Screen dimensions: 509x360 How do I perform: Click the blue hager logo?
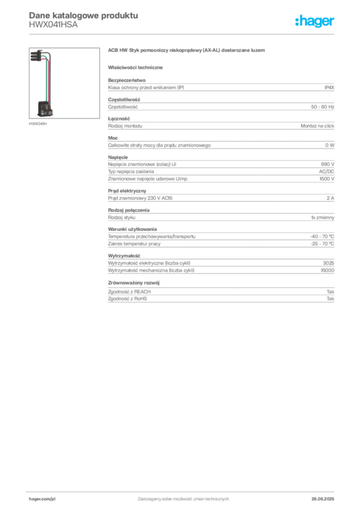[x=315, y=21]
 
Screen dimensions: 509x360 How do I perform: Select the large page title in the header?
[x=83, y=14]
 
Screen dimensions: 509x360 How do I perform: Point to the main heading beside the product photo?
[x=187, y=51]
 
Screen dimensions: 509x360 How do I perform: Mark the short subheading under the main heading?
[x=137, y=67]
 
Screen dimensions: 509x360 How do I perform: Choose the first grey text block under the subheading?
[x=220, y=86]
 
